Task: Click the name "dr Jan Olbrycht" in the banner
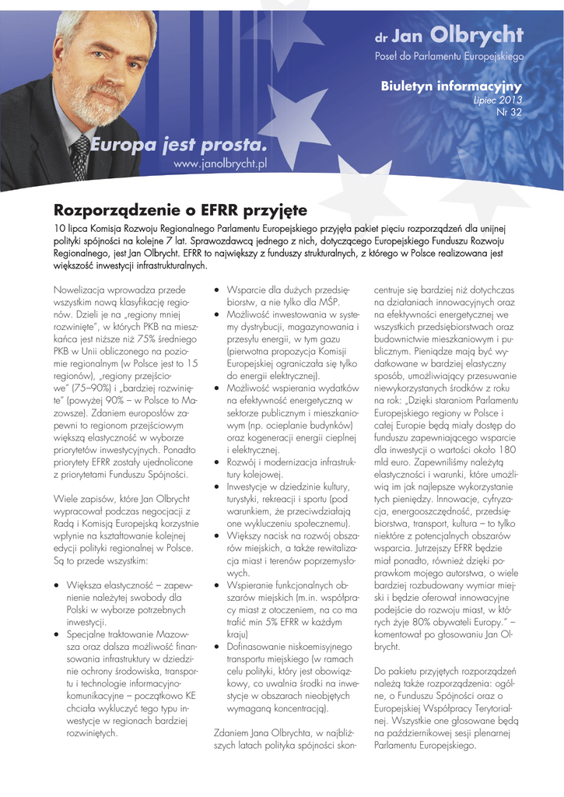(x=449, y=36)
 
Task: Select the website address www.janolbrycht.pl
(x=220, y=163)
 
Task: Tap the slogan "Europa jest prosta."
(x=178, y=146)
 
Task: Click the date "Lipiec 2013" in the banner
(x=498, y=100)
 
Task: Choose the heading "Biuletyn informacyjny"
(x=450, y=86)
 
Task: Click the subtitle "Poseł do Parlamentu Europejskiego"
(x=449, y=57)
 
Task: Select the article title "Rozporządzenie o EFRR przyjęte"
(x=180, y=210)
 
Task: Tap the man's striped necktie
(x=80, y=156)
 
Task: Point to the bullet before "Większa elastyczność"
(x=57, y=585)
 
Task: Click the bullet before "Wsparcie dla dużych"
(x=218, y=290)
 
